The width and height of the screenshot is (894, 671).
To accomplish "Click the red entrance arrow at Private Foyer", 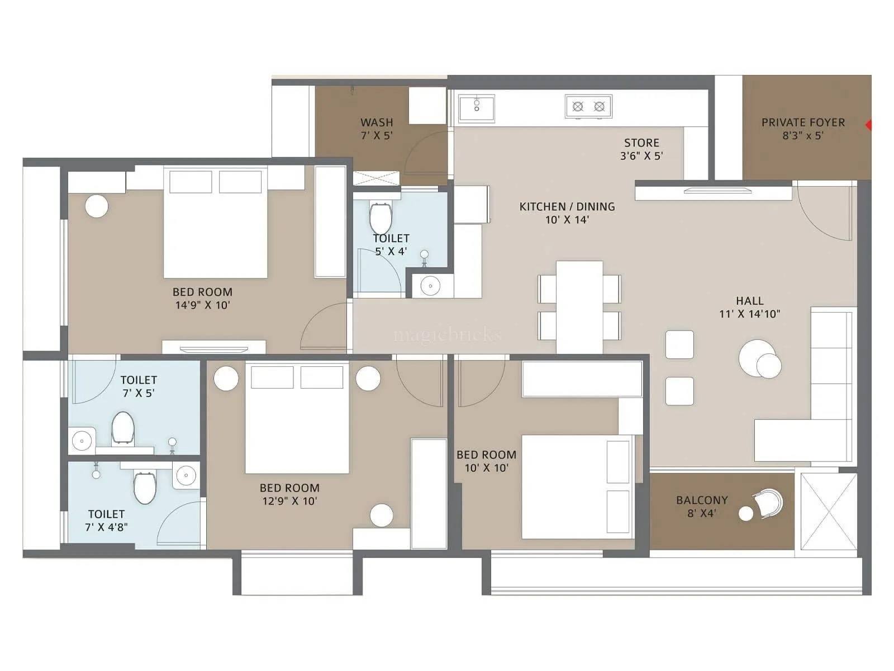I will tap(868, 125).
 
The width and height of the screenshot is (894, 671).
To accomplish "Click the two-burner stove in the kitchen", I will tap(588, 106).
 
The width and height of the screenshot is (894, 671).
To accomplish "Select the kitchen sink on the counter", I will tap(477, 108).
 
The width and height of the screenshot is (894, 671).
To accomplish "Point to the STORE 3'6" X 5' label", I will tap(641, 149).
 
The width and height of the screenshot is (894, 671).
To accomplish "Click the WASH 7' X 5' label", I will tap(377, 129).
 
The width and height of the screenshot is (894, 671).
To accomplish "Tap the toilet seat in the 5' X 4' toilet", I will tap(381, 218).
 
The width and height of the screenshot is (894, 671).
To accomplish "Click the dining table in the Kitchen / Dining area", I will tap(579, 306).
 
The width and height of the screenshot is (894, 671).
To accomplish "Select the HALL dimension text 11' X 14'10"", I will tap(749, 314).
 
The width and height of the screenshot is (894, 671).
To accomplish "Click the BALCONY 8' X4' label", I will tap(702, 507).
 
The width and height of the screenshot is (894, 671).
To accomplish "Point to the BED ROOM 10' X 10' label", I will tap(486, 461).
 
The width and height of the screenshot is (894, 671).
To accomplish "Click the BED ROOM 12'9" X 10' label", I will tap(289, 494).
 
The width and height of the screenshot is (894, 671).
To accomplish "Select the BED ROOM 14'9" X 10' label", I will tap(202, 298).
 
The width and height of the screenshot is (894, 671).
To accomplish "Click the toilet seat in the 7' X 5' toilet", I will tap(122, 428).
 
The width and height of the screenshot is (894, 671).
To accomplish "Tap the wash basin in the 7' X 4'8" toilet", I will tap(186, 476).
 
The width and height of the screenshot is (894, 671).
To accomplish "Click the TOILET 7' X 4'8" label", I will tap(106, 520).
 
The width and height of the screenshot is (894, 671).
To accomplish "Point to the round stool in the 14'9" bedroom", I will tap(97, 206).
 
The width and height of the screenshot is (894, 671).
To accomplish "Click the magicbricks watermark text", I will tap(447, 335).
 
